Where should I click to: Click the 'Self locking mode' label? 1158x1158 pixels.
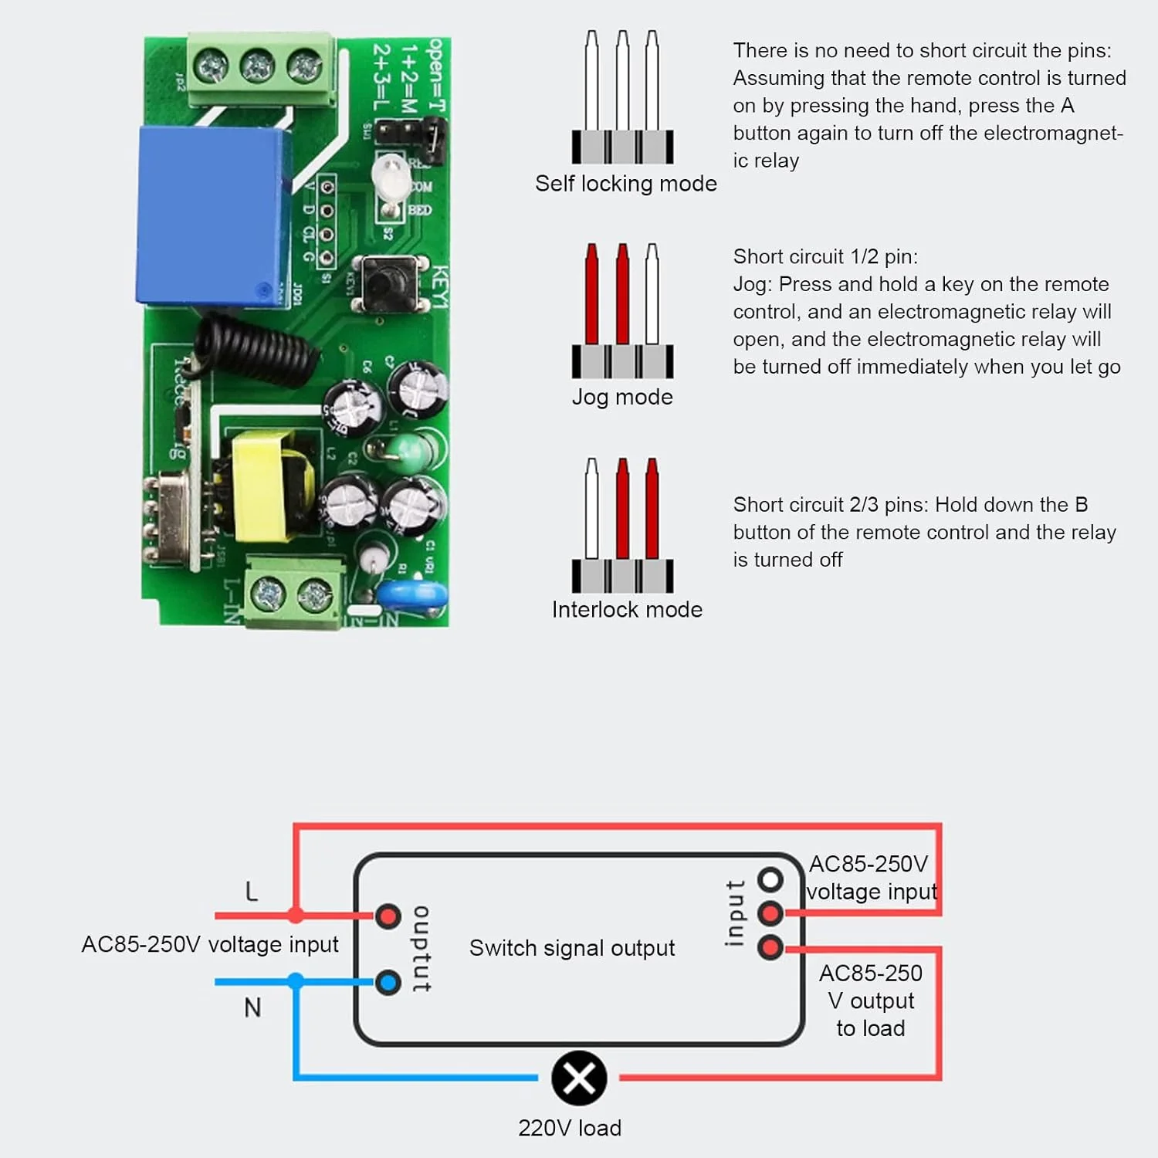pyautogui.click(x=625, y=184)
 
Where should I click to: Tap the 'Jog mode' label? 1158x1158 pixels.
pyautogui.click(x=622, y=397)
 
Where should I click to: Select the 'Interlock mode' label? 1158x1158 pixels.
pyautogui.click(x=627, y=610)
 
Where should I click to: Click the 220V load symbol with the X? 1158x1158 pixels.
pyautogui.click(x=579, y=1078)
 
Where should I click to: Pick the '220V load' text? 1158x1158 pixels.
pyautogui.click(x=570, y=1128)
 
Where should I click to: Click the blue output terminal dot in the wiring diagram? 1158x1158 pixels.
pyautogui.click(x=388, y=983)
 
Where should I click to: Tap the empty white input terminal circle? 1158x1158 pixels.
pyautogui.click(x=770, y=879)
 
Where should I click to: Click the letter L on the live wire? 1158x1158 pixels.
pyautogui.click(x=252, y=892)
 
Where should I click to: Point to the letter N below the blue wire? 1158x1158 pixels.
pyautogui.click(x=252, y=1007)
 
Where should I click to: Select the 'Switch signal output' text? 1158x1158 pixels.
pyautogui.click(x=572, y=948)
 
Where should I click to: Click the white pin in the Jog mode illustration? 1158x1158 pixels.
pyautogui.click(x=652, y=293)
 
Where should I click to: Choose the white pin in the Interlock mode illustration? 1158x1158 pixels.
pyautogui.click(x=592, y=507)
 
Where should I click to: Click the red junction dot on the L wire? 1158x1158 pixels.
pyautogui.click(x=295, y=916)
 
